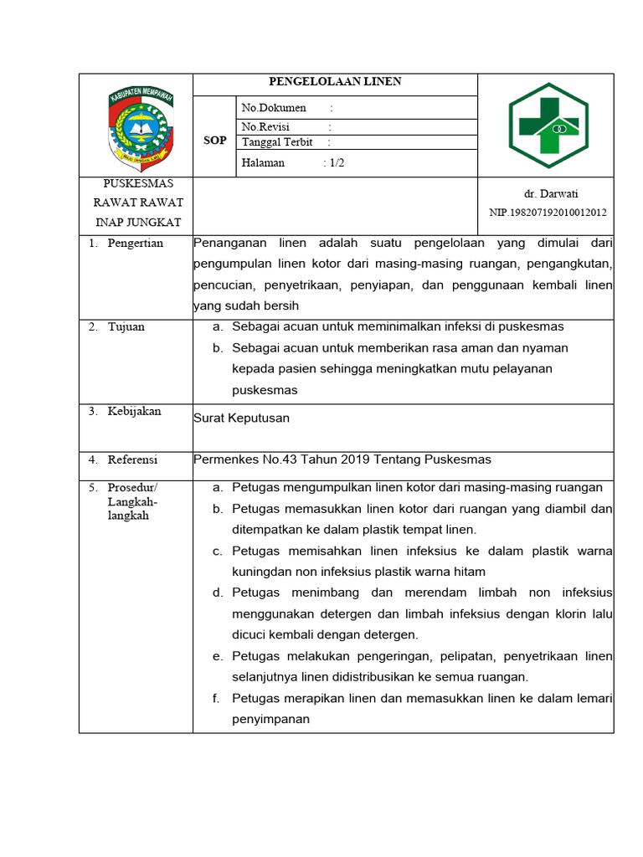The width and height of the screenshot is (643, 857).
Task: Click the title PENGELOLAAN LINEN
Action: tap(335, 82)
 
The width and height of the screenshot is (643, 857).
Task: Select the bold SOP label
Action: tap(215, 141)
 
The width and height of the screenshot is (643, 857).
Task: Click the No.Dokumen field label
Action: tap(274, 108)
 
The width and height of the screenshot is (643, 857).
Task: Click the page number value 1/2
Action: tap(337, 163)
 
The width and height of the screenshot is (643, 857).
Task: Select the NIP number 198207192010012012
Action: tap(548, 213)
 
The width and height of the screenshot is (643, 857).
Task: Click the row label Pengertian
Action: tap(136, 244)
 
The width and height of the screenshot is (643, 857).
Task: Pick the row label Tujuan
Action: tap(126, 326)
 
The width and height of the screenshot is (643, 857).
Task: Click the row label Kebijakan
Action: tap(134, 411)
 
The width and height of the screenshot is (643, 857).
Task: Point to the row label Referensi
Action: tap(132, 459)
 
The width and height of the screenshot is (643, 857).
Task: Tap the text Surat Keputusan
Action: tap(241, 418)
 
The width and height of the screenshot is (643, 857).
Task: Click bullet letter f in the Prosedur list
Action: tap(216, 698)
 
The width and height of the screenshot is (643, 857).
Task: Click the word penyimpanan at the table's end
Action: tap(270, 719)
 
